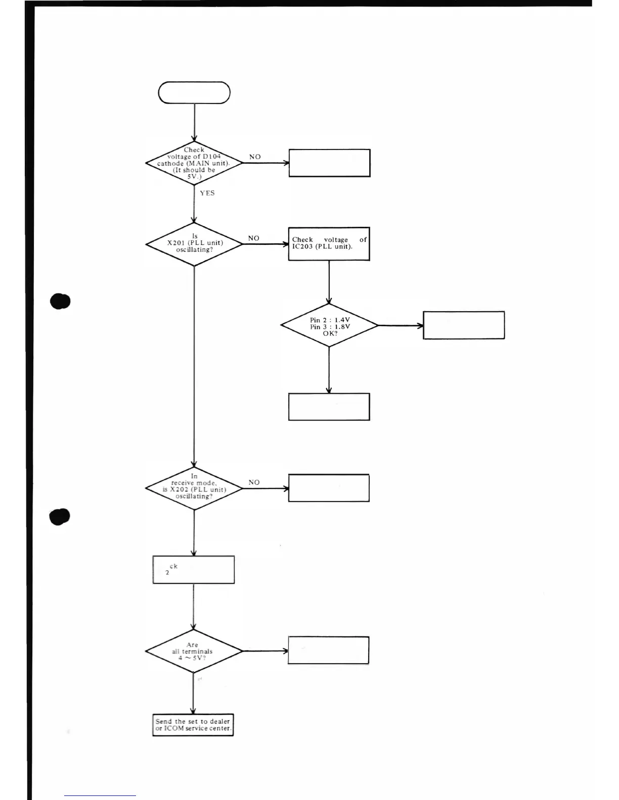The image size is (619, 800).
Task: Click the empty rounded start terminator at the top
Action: pyautogui.click(x=194, y=93)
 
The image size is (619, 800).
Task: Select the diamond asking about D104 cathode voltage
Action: pyautogui.click(x=194, y=163)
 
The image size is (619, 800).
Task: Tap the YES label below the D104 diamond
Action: pyautogui.click(x=207, y=193)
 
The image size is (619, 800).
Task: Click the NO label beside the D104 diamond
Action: pyautogui.click(x=255, y=157)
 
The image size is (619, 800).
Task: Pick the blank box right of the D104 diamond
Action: pyautogui.click(x=329, y=163)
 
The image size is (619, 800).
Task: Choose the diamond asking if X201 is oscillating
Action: pyautogui.click(x=194, y=243)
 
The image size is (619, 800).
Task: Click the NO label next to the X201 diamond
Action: pyautogui.click(x=254, y=238)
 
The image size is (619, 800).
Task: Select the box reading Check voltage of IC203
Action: pyautogui.click(x=329, y=244)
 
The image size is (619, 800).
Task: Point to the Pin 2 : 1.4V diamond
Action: pyautogui.click(x=329, y=326)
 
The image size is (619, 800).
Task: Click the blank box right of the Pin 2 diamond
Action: pyautogui.click(x=464, y=325)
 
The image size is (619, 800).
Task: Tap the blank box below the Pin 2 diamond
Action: pyautogui.click(x=329, y=407)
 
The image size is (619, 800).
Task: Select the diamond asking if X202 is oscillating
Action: pyautogui.click(x=194, y=488)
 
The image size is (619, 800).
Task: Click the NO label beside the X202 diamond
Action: pyautogui.click(x=254, y=483)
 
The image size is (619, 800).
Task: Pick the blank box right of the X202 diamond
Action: pyautogui.click(x=329, y=488)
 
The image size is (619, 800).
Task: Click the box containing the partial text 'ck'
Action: pyautogui.click(x=194, y=570)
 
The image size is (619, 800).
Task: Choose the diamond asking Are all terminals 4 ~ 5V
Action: pyautogui.click(x=194, y=651)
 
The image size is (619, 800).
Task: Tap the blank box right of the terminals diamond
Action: pyautogui.click(x=328, y=651)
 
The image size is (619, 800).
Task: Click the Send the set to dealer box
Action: pyautogui.click(x=193, y=725)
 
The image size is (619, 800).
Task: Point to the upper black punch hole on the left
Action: pyautogui.click(x=60, y=301)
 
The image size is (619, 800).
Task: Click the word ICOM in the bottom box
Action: pyautogui.click(x=174, y=728)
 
